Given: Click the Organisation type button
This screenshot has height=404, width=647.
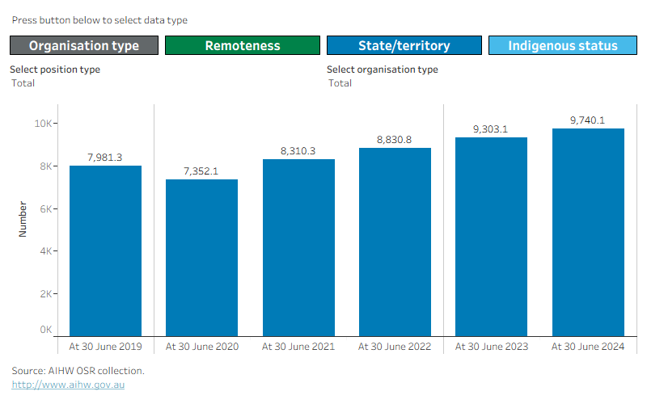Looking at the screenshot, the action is tap(84, 45).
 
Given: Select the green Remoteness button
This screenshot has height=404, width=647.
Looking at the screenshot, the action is tap(243, 45).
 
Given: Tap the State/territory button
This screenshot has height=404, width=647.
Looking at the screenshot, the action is tap(404, 45).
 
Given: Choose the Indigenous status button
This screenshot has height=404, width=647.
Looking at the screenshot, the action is tap(563, 45).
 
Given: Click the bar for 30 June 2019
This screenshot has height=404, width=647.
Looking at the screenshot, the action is tap(106, 251).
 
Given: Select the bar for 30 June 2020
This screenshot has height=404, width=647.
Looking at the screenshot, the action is tap(201, 258).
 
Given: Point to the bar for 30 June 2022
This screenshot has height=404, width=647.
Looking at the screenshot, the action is tap(395, 242).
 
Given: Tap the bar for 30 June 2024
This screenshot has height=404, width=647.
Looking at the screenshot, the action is tap(589, 233).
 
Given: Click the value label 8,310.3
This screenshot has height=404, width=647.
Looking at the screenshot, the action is tap(298, 151).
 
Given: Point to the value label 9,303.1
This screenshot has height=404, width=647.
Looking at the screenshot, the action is tap(490, 129).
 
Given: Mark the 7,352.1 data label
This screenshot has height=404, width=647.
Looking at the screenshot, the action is tap(201, 171).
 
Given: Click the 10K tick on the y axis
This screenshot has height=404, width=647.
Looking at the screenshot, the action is tap(44, 124).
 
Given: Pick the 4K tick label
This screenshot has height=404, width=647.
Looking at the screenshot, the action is tap(46, 251).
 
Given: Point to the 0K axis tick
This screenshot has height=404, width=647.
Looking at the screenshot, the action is tap(46, 330).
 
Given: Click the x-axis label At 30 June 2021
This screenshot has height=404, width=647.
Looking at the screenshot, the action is tap(298, 347).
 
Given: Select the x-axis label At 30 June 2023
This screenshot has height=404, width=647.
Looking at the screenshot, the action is tap(492, 347).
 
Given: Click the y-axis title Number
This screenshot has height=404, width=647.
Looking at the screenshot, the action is tap(23, 219).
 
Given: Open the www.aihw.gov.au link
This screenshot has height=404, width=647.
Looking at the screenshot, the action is tap(68, 385).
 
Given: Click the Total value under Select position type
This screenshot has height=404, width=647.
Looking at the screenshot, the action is tap(23, 83).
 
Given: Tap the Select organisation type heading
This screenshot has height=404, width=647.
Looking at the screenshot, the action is tap(383, 69).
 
